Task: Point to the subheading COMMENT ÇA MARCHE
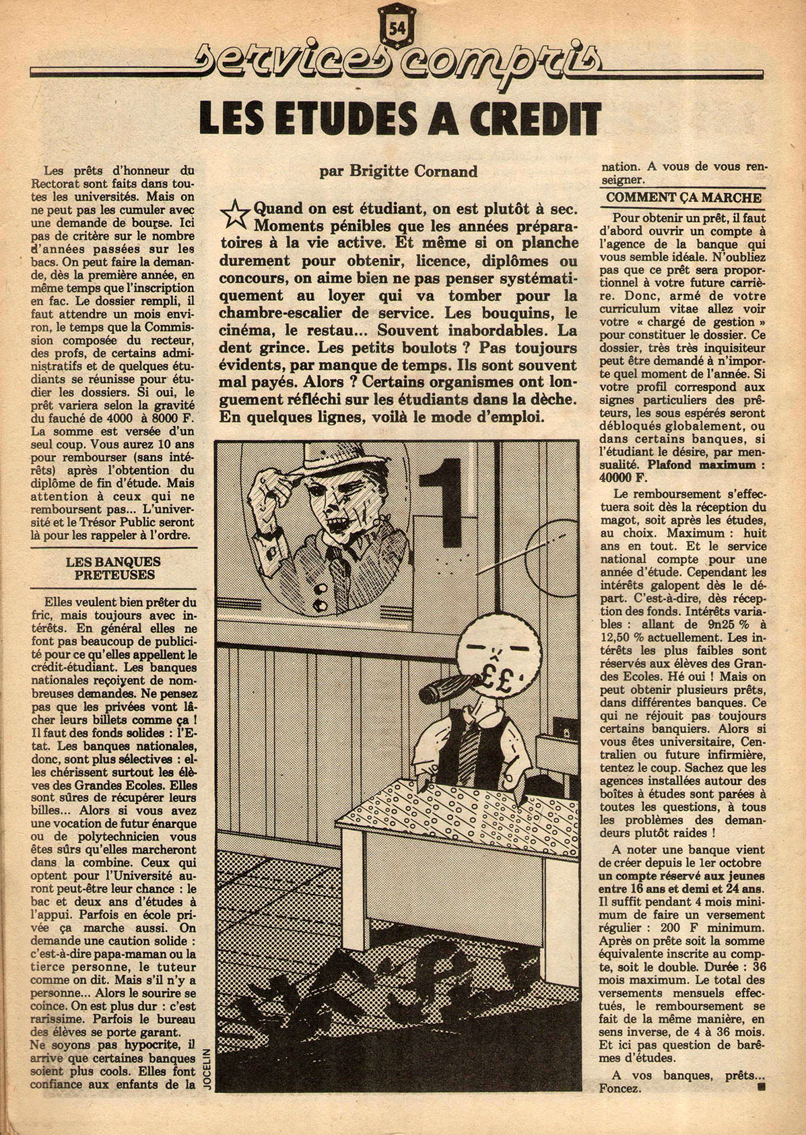click(683, 198)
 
